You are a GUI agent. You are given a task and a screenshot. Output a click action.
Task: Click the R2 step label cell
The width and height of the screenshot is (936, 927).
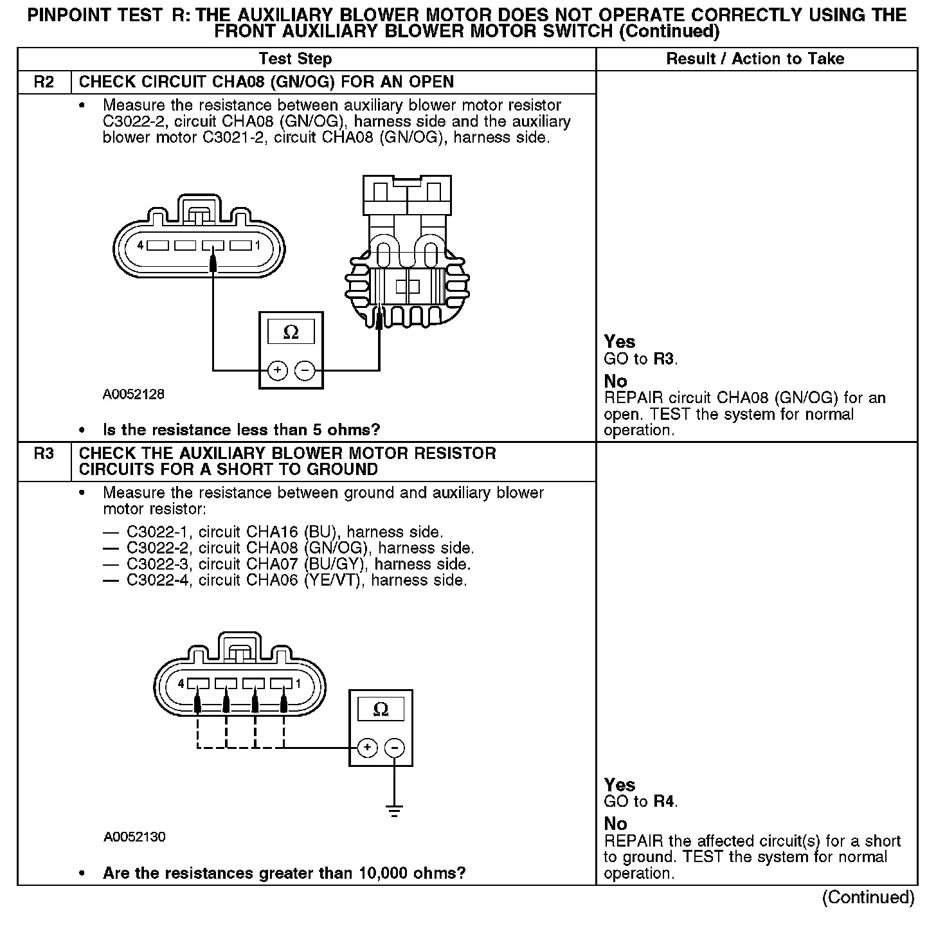[x=44, y=82]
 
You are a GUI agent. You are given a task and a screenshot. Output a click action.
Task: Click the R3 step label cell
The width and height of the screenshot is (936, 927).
[x=44, y=454]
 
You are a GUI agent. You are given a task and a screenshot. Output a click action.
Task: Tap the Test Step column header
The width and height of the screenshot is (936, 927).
[x=295, y=59]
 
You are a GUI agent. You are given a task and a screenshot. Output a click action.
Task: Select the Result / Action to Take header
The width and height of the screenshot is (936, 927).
[x=755, y=59]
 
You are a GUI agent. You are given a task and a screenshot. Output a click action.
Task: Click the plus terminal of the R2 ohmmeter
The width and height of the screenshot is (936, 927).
[x=277, y=371]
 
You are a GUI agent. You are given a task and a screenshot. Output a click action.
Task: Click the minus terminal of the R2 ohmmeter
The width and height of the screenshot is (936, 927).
[x=304, y=371]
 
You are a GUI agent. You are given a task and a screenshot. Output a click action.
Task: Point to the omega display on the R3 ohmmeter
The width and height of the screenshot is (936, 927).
[x=381, y=710]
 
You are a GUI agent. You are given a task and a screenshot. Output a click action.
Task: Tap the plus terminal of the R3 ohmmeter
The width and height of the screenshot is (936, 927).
[x=367, y=748]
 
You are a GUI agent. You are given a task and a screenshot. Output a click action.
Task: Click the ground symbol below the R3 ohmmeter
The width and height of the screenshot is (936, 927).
[x=395, y=811]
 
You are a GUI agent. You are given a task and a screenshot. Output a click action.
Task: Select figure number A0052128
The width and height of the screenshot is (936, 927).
[x=134, y=395]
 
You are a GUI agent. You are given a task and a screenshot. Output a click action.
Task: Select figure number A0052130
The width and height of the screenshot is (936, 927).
[x=134, y=837]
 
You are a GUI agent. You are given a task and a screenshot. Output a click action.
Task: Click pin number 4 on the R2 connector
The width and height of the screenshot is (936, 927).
[x=140, y=245]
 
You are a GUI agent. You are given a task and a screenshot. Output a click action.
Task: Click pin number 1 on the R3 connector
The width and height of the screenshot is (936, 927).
[x=298, y=683]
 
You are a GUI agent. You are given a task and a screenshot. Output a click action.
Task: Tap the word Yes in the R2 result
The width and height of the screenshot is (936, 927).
[x=620, y=342]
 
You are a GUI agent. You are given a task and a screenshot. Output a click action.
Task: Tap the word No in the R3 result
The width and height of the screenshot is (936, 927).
[x=615, y=824]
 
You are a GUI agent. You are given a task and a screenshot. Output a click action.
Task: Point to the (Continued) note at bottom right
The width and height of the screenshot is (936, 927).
[x=868, y=897]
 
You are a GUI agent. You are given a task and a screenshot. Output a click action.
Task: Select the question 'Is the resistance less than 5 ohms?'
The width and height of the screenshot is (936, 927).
[x=242, y=429]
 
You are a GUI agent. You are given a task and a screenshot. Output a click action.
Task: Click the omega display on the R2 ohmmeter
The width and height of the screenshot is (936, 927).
[x=291, y=332]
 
